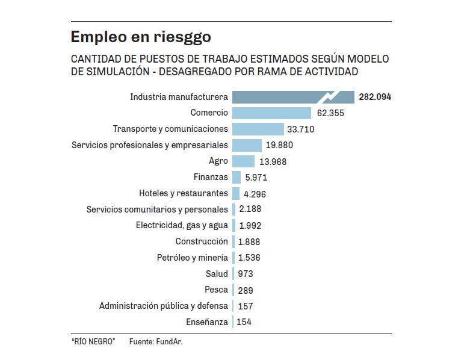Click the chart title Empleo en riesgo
pos(141,37)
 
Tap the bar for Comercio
pos(271,113)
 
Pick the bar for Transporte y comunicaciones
pos(258,129)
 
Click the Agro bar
pos(243,161)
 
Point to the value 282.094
pos(374,97)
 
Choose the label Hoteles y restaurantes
pos(184,193)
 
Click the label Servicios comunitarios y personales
pos(157,209)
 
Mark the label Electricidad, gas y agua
pos(182,226)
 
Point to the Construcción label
pos(202,241)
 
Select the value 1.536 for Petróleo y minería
pos(249,258)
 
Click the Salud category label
pos(217,274)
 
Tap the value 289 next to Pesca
pos(244,290)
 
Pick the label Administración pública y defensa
pos(164,306)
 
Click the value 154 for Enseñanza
pos(244,322)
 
